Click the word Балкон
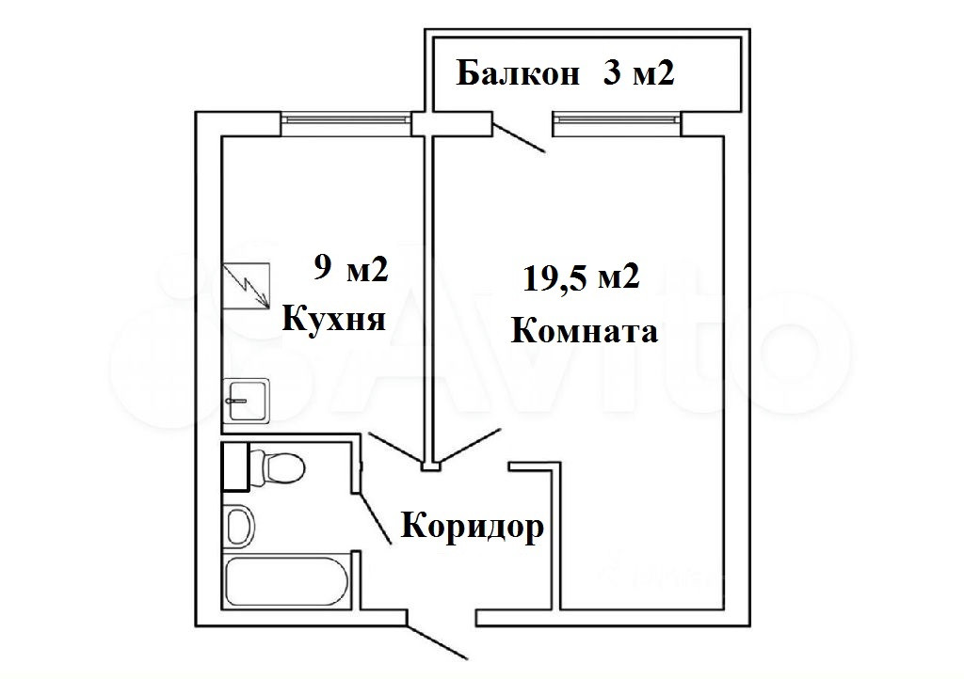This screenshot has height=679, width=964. point(518,73)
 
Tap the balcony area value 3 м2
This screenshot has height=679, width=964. point(638,73)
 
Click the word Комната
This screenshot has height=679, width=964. point(583,331)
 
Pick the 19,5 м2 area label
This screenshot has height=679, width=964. point(581,277)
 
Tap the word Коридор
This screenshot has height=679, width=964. point(473,526)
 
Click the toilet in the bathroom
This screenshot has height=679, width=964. point(278,466)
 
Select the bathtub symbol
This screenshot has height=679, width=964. point(290,580)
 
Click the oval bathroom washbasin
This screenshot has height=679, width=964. point(240,525)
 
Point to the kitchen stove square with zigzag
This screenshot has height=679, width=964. point(246,287)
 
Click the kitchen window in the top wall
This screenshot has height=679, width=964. point(346,119)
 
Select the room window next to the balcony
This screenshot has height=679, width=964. point(616,119)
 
